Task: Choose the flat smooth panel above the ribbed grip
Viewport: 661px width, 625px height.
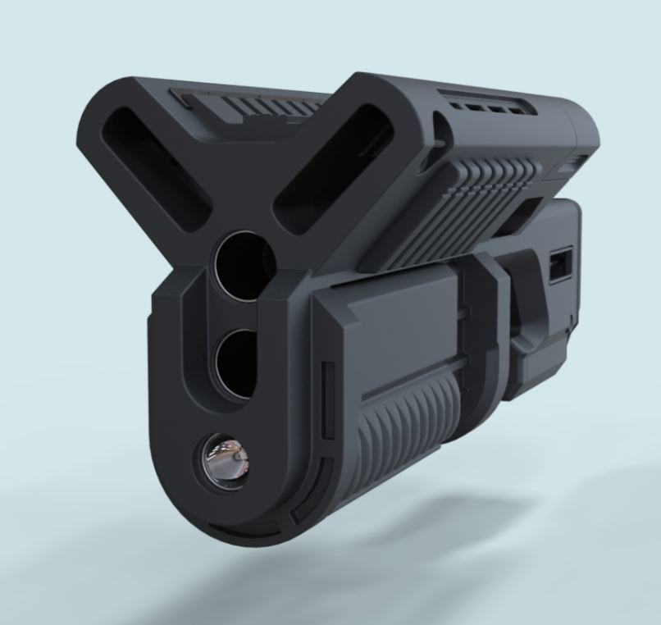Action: pos(402,328)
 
